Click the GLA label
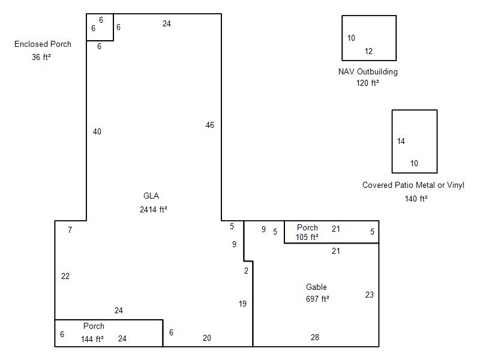point(151,196)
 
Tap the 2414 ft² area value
point(154,209)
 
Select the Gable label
point(316,287)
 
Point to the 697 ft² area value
point(317,299)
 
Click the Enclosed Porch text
point(43,44)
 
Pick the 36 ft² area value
point(41,57)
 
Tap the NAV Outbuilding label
point(368,71)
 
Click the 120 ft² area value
point(367,83)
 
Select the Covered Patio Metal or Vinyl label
point(413,185)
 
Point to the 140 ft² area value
point(416,199)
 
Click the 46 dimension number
point(209,125)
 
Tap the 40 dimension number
point(97,131)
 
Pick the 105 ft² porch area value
point(307,237)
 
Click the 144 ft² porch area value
point(92,339)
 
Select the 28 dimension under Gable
point(315,337)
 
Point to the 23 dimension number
point(370,295)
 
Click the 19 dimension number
point(242,304)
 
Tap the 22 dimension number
point(65,276)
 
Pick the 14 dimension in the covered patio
point(401,141)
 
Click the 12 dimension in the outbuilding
point(368,51)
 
